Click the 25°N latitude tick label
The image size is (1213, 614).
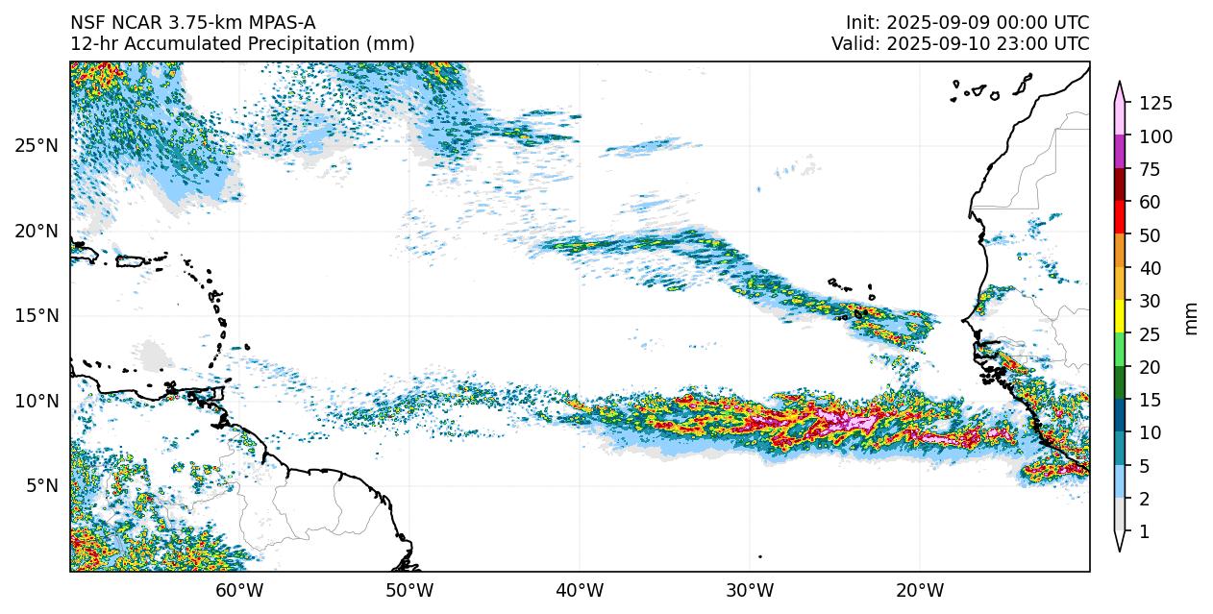click(x=36, y=146)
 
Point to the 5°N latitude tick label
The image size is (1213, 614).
click(x=39, y=485)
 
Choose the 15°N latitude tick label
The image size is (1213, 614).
click(x=36, y=316)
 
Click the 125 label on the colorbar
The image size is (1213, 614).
click(x=1155, y=104)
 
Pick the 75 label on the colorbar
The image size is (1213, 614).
click(x=1150, y=170)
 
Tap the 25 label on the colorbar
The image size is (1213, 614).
click(x=1150, y=334)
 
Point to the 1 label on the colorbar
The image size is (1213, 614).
click(x=1144, y=531)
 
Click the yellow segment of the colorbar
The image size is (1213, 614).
click(x=1120, y=317)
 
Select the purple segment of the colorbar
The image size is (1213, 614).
click(x=1120, y=153)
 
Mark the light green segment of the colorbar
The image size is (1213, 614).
click(x=1120, y=350)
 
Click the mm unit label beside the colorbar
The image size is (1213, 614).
click(x=1192, y=318)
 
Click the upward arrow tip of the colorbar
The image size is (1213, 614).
click(x=1120, y=84)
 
